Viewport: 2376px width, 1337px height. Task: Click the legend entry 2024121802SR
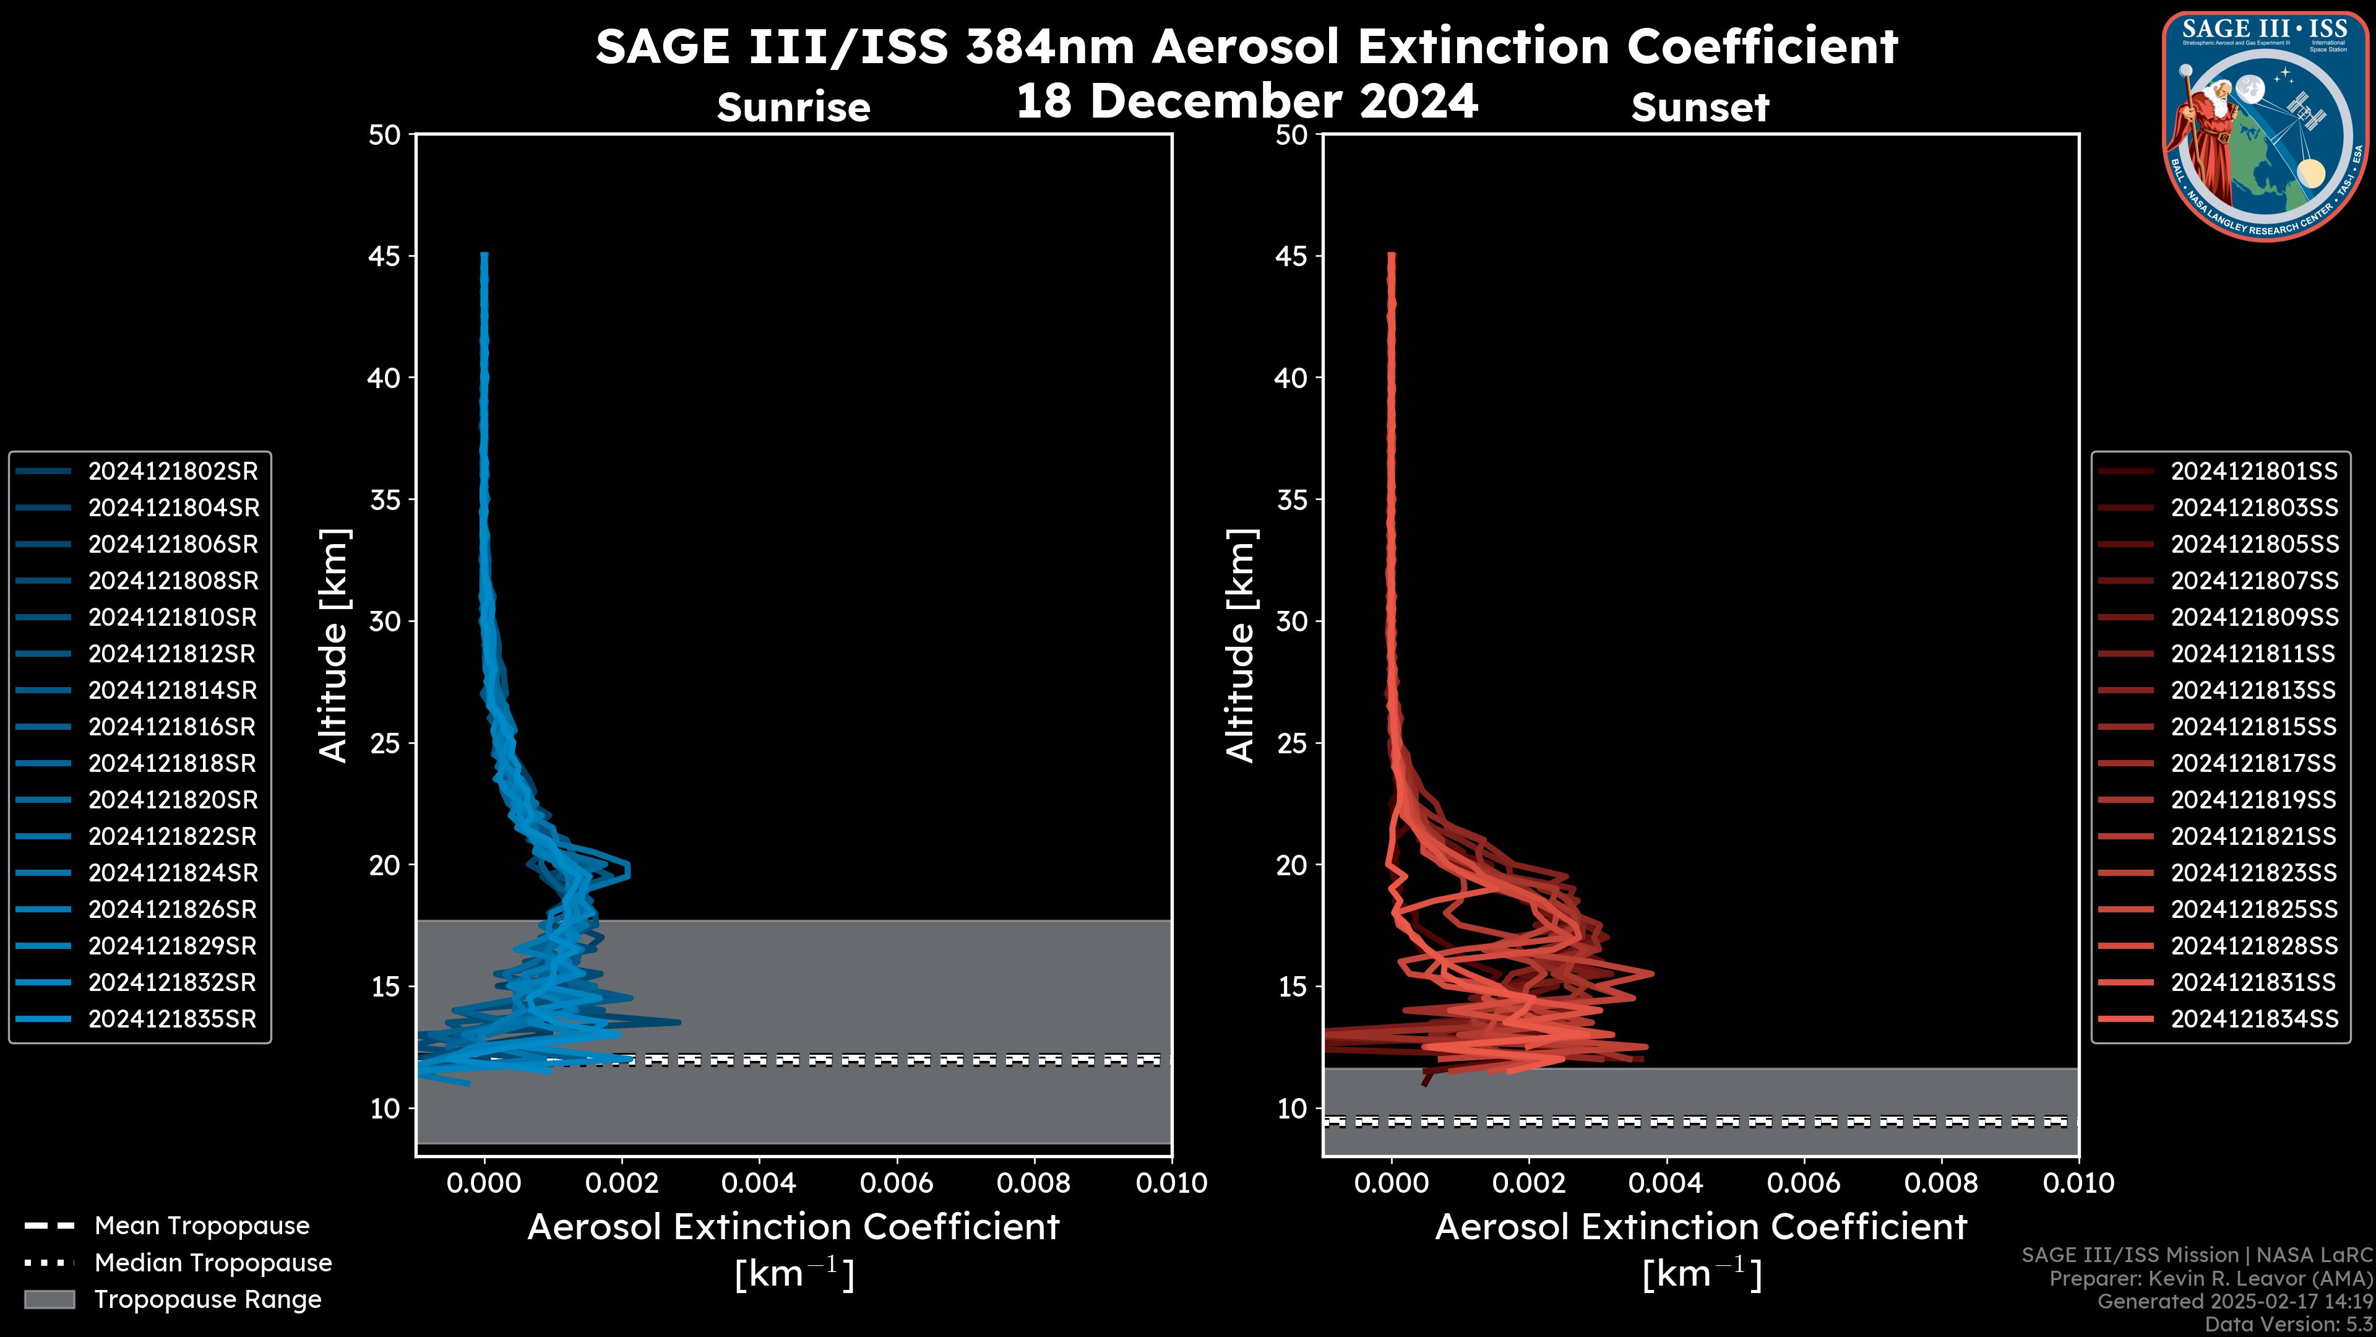coord(173,472)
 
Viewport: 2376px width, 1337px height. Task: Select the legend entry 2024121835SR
coord(173,1019)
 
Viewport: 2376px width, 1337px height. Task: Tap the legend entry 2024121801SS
coord(2253,472)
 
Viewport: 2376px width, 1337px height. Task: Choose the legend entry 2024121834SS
coord(2253,1019)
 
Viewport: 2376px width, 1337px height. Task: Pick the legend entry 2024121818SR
coord(173,764)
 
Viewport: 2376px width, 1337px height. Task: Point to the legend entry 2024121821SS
coord(2253,837)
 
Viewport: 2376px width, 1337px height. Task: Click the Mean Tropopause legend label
coord(201,1226)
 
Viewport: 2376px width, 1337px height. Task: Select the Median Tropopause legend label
coord(212,1263)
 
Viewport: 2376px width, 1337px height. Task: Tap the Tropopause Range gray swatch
coord(49,1300)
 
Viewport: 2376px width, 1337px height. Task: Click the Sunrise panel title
coord(793,108)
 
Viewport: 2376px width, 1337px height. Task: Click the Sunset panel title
coord(1700,108)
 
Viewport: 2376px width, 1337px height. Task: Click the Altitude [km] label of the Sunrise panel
coord(333,646)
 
